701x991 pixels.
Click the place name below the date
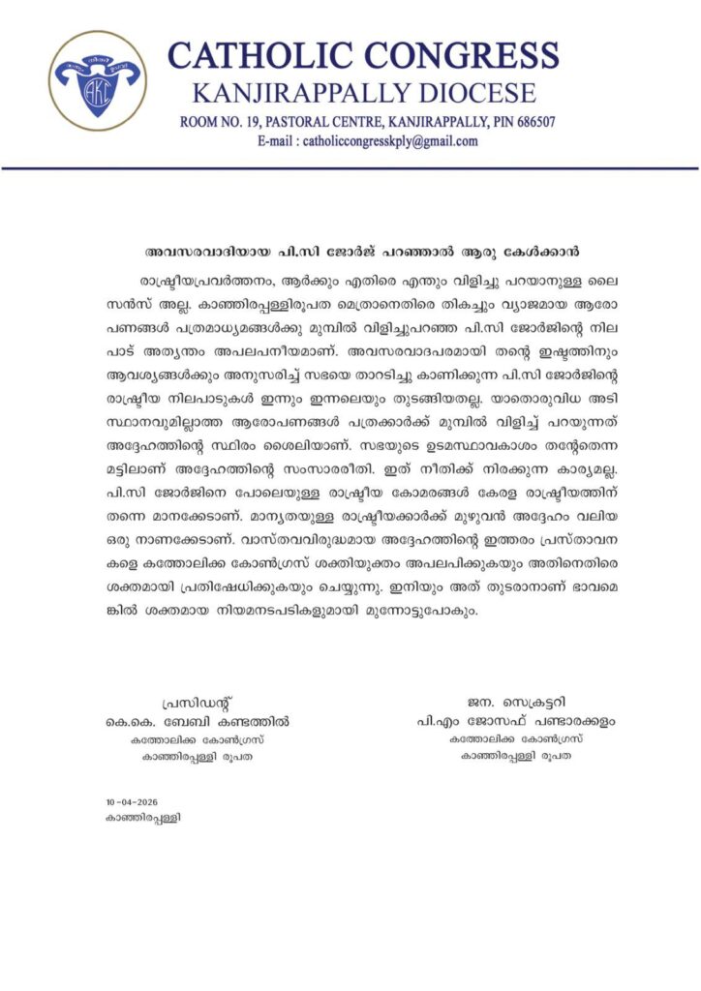tap(143, 818)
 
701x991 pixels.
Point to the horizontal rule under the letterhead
tap(350, 168)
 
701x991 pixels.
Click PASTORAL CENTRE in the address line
tap(323, 123)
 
